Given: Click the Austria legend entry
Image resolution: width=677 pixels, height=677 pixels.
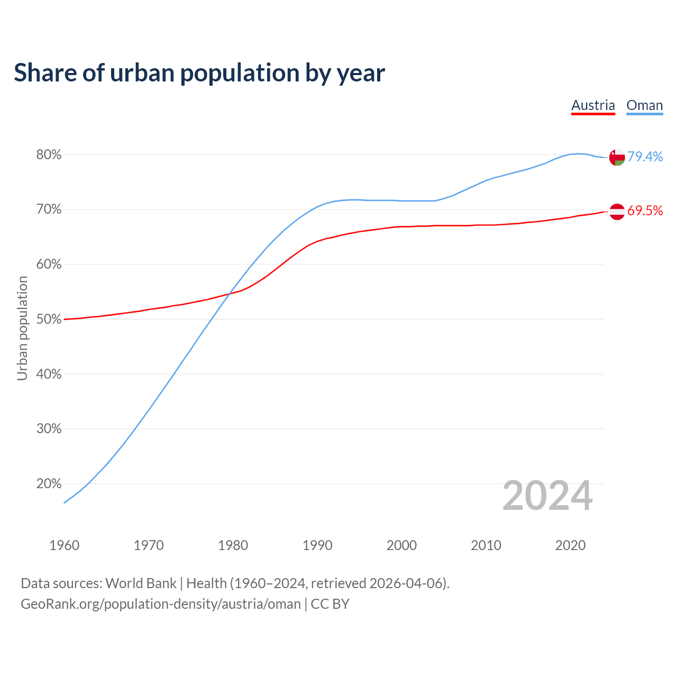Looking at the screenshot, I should click(593, 105).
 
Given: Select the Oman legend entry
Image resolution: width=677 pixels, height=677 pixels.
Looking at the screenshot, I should click(644, 105).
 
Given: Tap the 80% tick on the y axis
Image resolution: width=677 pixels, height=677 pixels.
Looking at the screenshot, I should click(49, 155).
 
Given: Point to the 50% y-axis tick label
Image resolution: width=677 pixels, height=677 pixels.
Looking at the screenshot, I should click(49, 319).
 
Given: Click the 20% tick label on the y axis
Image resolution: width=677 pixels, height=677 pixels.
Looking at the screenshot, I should click(49, 484).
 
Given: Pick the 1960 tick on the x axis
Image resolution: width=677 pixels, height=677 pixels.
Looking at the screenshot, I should click(64, 545).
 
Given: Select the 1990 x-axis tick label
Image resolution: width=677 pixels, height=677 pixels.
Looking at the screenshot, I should click(317, 545).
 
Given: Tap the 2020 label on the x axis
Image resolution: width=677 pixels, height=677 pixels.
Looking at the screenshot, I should click(570, 545).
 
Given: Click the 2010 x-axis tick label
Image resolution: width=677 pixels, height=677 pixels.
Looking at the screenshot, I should click(486, 545).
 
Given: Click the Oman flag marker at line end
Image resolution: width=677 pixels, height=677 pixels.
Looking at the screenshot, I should click(617, 157).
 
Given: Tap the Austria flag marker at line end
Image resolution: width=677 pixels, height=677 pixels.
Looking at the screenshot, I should click(617, 212).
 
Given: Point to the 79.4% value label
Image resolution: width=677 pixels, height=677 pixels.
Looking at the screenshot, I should click(645, 157).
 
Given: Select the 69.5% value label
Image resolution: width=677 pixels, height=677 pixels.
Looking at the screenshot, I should click(645, 211).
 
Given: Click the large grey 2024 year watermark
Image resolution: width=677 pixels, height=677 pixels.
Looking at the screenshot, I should click(547, 496).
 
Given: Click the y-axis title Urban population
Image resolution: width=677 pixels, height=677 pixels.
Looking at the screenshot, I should click(22, 328).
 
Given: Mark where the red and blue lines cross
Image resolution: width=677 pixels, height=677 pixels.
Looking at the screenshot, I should click(228, 294).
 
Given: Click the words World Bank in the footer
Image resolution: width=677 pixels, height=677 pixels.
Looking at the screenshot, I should click(141, 583).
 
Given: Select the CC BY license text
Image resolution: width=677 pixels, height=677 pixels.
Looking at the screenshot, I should click(330, 604).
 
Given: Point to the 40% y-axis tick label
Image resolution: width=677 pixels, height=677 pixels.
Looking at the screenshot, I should click(49, 374).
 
